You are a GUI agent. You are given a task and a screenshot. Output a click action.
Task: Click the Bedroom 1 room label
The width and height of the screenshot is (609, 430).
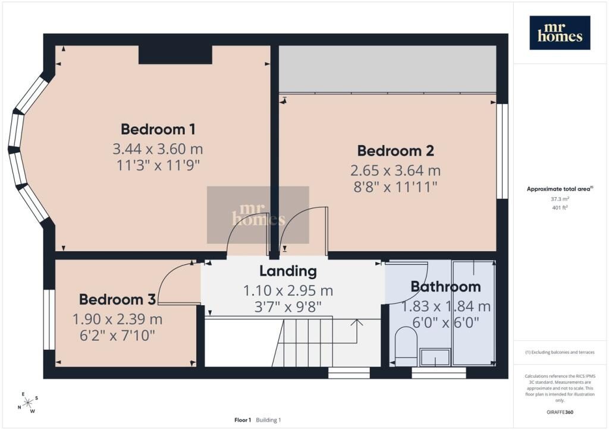pyautogui.click(x=158, y=129)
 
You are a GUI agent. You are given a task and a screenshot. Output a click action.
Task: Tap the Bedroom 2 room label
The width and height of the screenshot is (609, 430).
pyautogui.click(x=395, y=151)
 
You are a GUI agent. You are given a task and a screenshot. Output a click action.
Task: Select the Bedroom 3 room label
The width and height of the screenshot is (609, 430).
pyautogui.click(x=117, y=299)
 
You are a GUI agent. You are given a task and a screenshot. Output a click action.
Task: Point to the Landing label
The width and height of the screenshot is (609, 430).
pyautogui.click(x=288, y=271)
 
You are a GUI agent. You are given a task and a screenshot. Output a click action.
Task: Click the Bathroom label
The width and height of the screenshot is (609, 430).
pyautogui.click(x=446, y=286)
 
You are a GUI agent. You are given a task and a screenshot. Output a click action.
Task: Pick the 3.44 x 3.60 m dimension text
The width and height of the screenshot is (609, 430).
pyautogui.click(x=158, y=148)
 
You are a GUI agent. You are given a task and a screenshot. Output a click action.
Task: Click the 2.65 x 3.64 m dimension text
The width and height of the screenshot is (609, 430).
pyautogui.click(x=395, y=170)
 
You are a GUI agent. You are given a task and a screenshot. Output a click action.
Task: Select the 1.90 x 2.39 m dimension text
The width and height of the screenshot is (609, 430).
pyautogui.click(x=117, y=319)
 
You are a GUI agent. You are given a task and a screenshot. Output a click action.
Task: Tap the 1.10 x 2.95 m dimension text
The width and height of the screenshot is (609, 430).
pyautogui.click(x=288, y=290)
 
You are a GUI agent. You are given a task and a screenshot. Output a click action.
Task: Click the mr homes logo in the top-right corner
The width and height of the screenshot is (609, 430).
pyautogui.click(x=560, y=33)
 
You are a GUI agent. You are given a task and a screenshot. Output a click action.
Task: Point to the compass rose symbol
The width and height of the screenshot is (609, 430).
pyautogui.click(x=28, y=403)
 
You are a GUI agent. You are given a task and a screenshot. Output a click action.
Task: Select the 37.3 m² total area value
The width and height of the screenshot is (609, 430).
pyautogui.click(x=560, y=199)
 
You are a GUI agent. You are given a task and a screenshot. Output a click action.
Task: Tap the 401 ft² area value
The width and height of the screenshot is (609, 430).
pyautogui.click(x=560, y=207)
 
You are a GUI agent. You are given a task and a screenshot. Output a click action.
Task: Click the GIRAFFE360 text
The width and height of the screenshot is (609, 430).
pyautogui.click(x=560, y=412)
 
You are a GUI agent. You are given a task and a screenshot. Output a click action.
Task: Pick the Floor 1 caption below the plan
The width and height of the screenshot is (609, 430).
pyautogui.click(x=243, y=420)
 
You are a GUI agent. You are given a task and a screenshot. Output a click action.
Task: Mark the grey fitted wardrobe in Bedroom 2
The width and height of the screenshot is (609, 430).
pyautogui.click(x=388, y=69)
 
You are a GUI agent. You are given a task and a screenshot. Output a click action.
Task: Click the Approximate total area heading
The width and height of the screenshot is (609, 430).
pyautogui.click(x=560, y=189)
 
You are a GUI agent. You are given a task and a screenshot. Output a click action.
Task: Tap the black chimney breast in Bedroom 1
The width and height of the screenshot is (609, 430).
pyautogui.click(x=175, y=55)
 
